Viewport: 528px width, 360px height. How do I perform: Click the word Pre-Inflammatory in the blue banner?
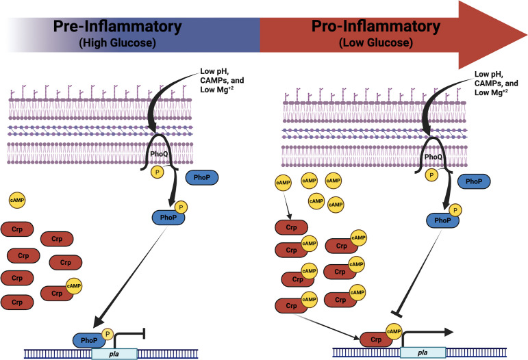[118, 26]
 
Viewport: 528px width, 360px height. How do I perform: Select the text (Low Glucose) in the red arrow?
[376, 42]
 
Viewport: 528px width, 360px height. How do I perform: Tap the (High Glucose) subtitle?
[118, 42]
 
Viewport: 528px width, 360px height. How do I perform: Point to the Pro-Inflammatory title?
[376, 26]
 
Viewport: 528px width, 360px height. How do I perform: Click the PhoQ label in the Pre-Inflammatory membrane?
[159, 154]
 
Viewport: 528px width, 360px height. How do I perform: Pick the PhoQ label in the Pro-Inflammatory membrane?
[433, 157]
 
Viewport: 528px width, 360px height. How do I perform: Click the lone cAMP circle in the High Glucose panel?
[17, 200]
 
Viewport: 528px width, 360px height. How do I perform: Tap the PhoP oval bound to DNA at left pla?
[89, 340]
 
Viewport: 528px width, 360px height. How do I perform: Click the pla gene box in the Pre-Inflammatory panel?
[114, 354]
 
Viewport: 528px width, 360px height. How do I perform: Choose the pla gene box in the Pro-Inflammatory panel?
[423, 352]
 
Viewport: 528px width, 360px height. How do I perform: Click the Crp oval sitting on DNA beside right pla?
[376, 339]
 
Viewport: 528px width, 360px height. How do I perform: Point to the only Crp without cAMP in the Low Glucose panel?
[291, 227]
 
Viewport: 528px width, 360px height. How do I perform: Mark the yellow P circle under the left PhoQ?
[158, 172]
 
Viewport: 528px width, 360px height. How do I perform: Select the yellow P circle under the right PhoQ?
[431, 175]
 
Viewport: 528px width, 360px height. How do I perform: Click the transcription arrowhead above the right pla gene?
[449, 332]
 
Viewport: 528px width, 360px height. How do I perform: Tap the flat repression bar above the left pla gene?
[144, 333]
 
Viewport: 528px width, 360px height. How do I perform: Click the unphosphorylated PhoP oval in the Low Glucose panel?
[474, 181]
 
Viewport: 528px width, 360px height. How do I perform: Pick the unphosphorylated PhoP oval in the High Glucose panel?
[202, 177]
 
